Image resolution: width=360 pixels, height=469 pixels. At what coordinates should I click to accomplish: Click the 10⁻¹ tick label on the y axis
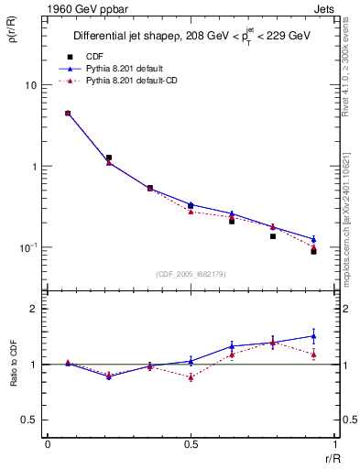pos(26,247)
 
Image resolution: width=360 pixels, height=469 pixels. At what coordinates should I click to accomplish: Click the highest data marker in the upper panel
pos(68,113)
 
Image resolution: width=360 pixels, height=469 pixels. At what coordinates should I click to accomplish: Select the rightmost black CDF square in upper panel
pos(313,251)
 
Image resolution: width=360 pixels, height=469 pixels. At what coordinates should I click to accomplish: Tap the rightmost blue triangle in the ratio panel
pos(313,335)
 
